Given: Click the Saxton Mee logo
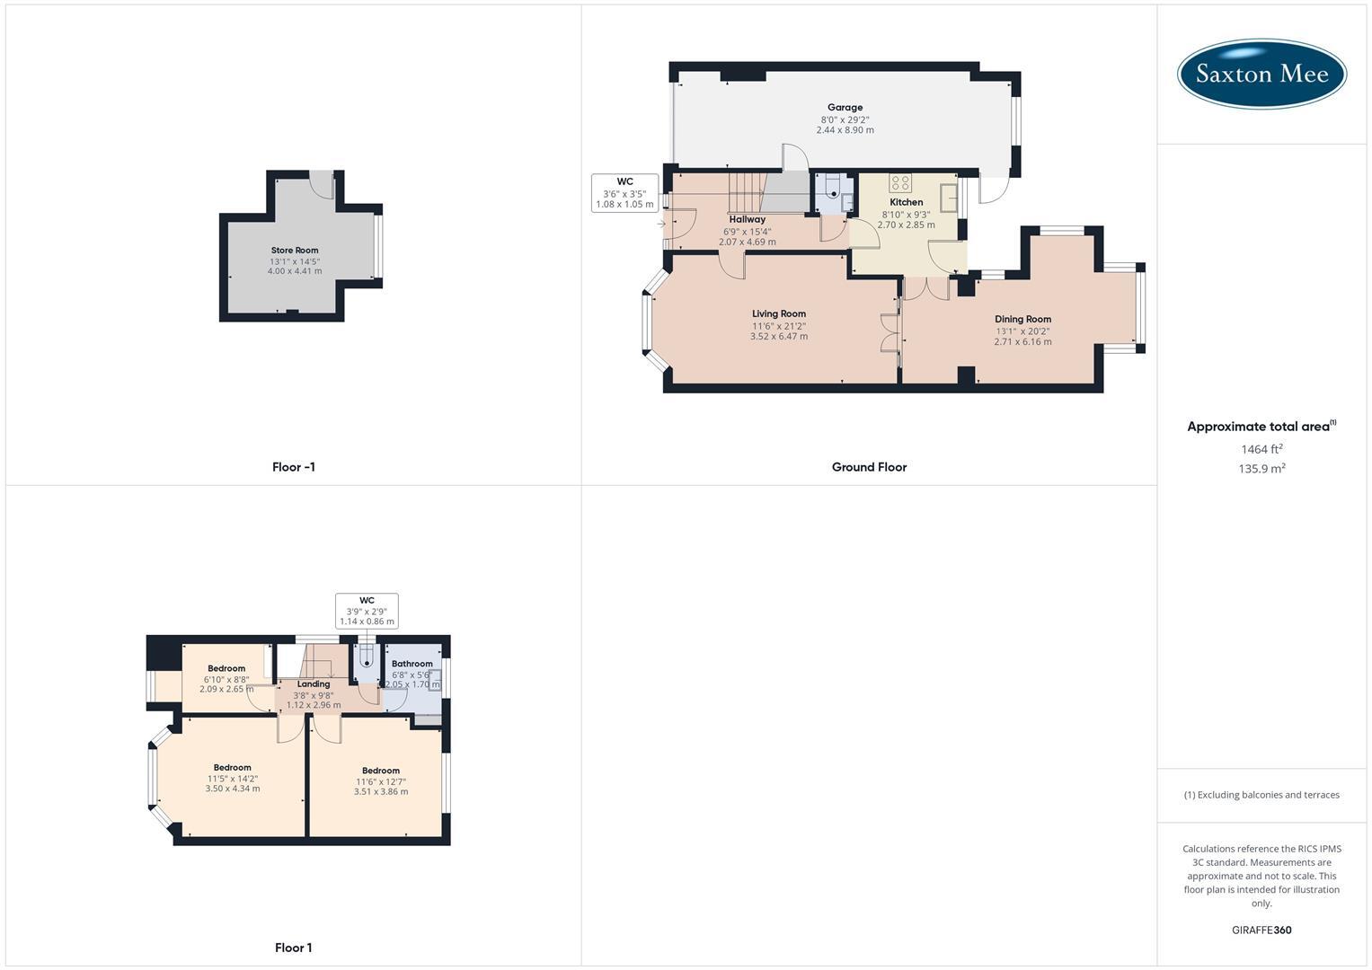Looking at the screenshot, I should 1261,74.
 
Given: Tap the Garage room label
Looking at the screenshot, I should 845,108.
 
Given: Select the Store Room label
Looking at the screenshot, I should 295,251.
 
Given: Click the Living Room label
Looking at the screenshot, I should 779,314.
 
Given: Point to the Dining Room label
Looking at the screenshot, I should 1022,319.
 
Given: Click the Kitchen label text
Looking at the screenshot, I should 907,202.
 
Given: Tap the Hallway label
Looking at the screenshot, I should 748,219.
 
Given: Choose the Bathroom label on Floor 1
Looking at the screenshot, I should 412,664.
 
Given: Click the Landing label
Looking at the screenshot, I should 314,684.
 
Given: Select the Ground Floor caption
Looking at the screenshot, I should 869,467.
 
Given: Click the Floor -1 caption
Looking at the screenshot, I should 294,467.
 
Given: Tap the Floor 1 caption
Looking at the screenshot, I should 294,948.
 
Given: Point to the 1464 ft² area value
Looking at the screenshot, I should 1261,449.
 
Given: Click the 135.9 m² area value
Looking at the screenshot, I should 1261,469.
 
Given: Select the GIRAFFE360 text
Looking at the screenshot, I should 1261,930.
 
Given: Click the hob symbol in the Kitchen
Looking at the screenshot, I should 900,182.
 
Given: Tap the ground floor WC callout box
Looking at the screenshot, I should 624,193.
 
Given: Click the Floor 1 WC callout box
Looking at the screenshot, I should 367,611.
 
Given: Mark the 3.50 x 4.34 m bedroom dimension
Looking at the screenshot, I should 233,789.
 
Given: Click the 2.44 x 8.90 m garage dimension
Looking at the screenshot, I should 845,130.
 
